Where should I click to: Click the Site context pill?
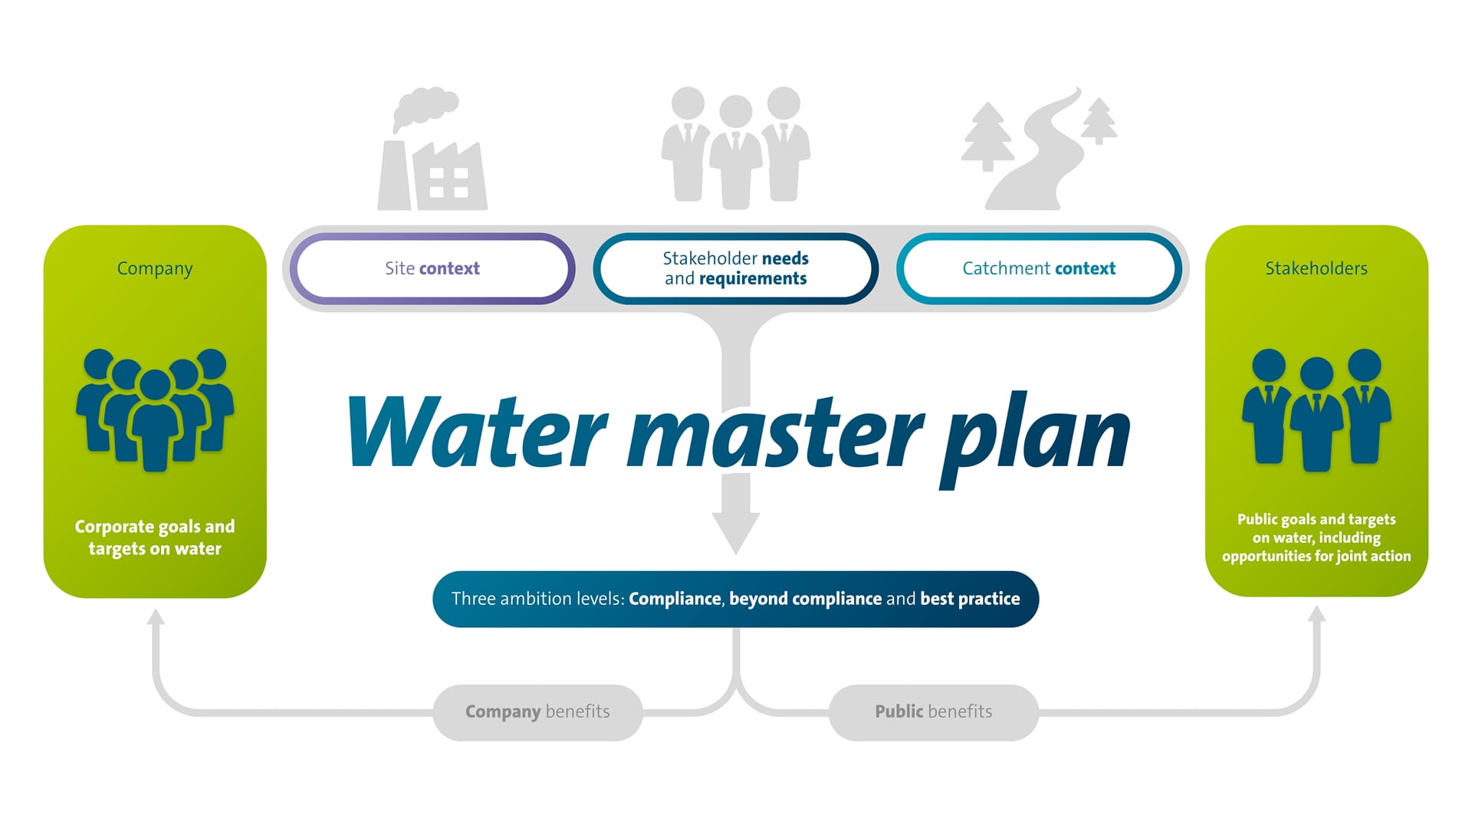point(432,268)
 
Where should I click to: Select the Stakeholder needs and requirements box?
point(735,268)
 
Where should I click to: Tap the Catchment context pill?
point(1039,268)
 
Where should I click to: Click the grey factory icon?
point(432,153)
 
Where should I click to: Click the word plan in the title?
point(1035,437)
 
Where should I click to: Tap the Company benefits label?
point(537,712)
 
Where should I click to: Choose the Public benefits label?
point(933,712)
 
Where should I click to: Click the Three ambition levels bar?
point(735,599)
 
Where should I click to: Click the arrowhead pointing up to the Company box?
point(156,616)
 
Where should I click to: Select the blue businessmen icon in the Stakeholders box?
point(1316,410)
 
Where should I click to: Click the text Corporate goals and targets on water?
point(155,537)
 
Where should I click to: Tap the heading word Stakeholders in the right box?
point(1316,268)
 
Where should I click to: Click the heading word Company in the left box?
point(155,268)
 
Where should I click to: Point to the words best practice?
point(970,599)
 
